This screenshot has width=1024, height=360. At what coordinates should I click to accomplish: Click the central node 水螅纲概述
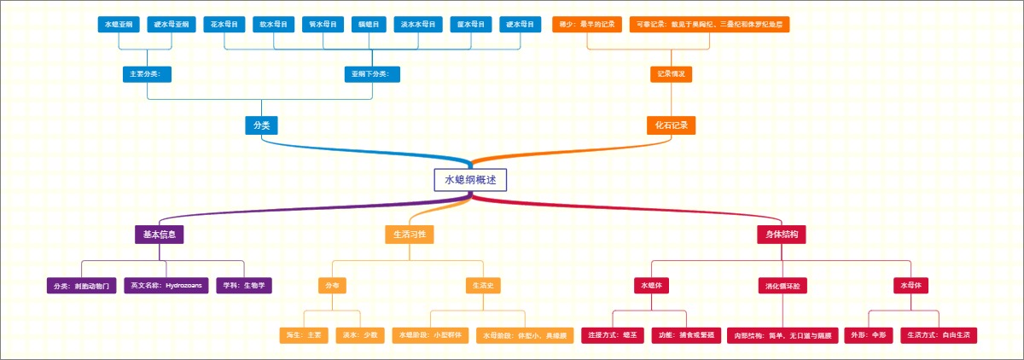point(470,180)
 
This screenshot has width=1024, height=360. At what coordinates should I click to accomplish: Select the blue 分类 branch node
point(262,125)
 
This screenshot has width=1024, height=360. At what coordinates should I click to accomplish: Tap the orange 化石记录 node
point(671,125)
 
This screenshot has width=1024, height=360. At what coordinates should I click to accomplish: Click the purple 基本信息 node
point(160,234)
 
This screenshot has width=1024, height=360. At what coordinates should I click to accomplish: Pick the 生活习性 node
point(410,234)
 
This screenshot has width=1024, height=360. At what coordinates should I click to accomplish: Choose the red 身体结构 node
point(782,234)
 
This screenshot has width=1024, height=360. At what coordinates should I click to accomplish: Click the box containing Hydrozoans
point(166,285)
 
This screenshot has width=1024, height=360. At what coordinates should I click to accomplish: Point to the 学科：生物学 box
point(243,285)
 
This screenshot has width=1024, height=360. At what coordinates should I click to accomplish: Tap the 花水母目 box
point(224,24)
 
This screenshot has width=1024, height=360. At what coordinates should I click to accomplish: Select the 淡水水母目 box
point(418,24)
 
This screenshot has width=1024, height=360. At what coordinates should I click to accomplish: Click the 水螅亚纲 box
point(118,24)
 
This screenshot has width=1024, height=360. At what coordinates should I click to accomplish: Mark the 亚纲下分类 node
point(371,74)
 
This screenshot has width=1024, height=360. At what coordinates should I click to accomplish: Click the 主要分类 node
point(147,74)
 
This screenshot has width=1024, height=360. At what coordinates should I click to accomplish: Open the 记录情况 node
point(671,74)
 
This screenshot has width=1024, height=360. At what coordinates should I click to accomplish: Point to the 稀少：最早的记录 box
point(587,24)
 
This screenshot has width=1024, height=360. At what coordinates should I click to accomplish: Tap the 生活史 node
point(480,285)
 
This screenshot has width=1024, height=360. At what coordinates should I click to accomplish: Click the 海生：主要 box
point(303,335)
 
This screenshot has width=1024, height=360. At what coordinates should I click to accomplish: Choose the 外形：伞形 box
point(868,335)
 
